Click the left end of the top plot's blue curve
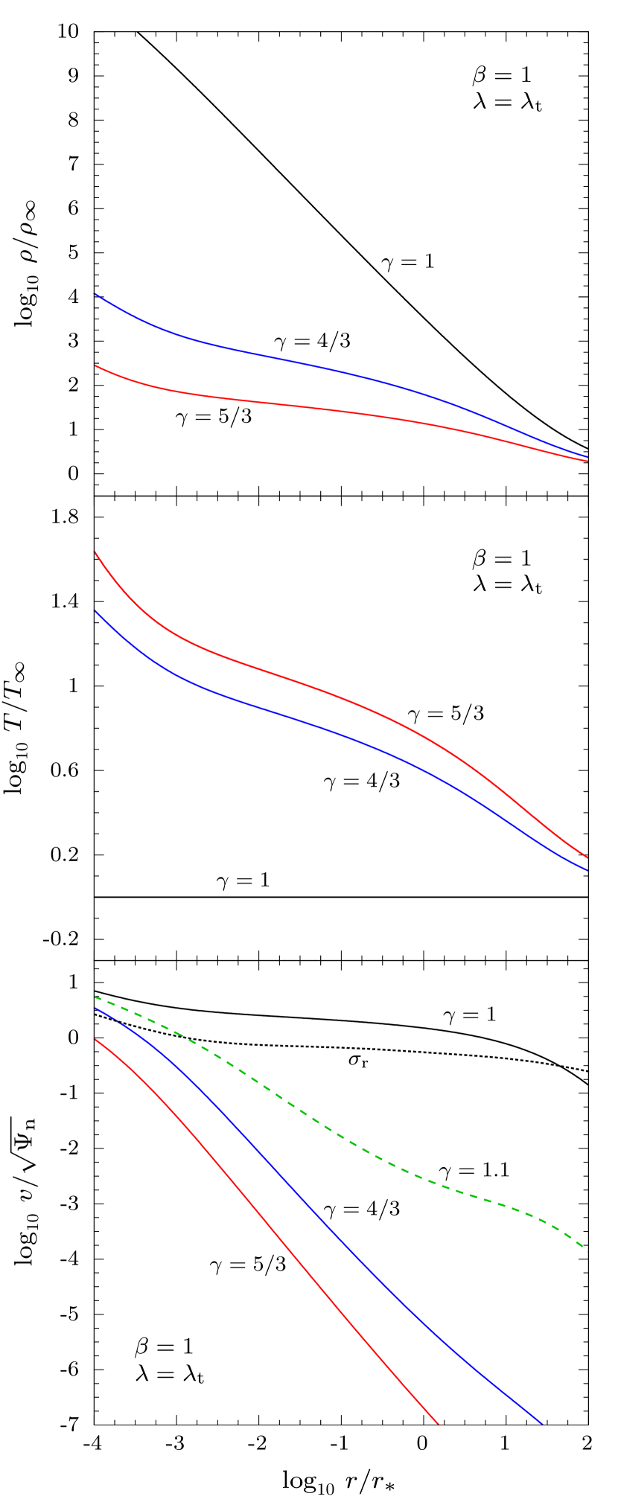coord(96,295)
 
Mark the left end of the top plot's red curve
coord(96,365)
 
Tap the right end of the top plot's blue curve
coord(587,456)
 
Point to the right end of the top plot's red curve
coord(587,461)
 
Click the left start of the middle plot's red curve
coord(96,552)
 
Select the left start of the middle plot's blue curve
coord(96,611)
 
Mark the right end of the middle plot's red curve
coord(587,857)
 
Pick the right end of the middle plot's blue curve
coord(587,869)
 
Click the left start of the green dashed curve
coord(96,997)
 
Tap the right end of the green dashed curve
coord(587,1250)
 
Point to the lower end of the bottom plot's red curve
coord(438,1423)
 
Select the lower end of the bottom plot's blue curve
coord(541,1423)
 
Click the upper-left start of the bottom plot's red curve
coord(96,1040)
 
